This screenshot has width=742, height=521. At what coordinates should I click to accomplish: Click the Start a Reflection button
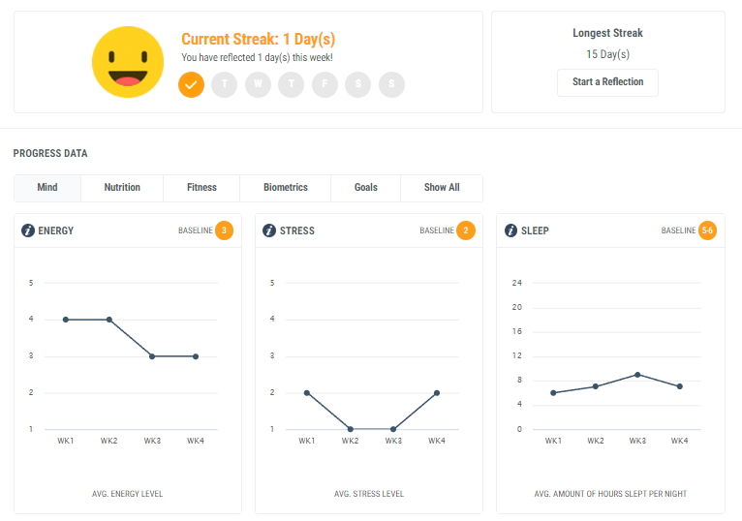607,82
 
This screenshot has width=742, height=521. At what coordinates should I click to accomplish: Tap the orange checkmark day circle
192,84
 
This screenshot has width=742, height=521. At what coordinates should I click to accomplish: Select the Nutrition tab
122,188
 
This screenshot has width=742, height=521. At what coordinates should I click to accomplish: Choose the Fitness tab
201,188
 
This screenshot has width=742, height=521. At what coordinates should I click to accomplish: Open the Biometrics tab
286,188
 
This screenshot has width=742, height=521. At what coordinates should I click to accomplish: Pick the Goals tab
366,188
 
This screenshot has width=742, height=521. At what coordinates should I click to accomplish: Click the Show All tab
442,188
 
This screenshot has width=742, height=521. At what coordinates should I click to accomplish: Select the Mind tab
47,188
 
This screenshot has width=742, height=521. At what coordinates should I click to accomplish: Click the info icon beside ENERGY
29,230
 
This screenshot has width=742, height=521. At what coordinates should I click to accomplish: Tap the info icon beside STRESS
270,230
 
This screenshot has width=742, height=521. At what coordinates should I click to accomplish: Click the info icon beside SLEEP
511,230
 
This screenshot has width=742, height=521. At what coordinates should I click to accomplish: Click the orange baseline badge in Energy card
225,230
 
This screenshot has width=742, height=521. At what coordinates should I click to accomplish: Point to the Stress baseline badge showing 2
466,230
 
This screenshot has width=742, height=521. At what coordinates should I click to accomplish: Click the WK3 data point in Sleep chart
637,375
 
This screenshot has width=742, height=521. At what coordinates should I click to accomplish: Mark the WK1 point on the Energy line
66,320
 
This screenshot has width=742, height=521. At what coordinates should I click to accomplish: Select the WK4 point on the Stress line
437,392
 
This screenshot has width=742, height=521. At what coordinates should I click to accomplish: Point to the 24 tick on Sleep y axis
517,284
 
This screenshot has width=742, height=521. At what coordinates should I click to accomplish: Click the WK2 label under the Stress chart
351,442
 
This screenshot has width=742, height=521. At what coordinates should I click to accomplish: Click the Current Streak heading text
259,40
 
